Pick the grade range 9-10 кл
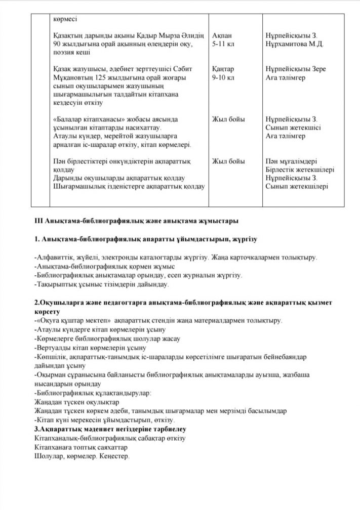point(223,77)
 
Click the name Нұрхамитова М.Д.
point(294,44)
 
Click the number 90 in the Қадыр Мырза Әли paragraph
point(56,44)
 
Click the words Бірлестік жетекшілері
point(300,169)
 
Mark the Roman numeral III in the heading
point(38,221)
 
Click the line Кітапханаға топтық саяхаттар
point(81,448)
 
